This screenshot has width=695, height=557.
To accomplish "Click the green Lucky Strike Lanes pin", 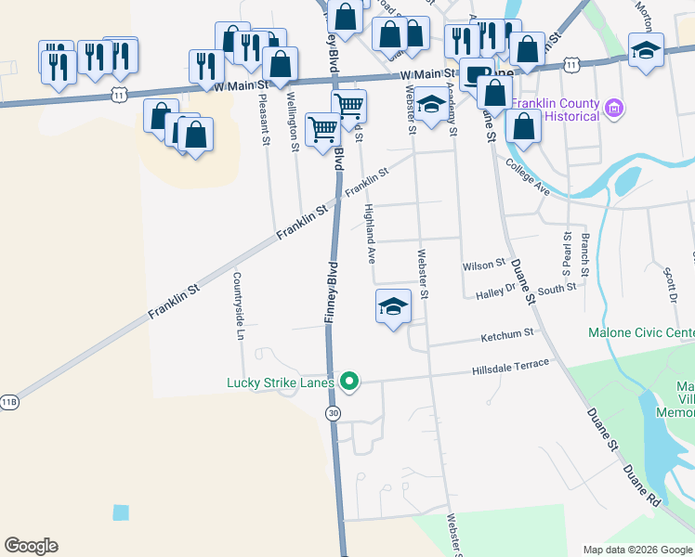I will [349, 381].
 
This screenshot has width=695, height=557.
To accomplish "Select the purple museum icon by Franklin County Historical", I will [612, 109].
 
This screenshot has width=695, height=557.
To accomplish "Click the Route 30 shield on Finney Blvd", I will [333, 413].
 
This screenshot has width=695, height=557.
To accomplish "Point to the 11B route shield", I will [8, 401].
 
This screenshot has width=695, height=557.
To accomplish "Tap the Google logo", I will [31, 546].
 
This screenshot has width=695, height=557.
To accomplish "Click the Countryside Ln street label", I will [238, 306].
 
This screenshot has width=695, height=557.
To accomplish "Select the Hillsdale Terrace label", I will [509, 368].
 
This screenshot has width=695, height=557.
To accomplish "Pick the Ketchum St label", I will [507, 333].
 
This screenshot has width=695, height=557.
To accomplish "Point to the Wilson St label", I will [483, 266].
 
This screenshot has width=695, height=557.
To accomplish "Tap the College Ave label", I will [528, 176].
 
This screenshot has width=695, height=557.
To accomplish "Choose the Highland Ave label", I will [370, 233].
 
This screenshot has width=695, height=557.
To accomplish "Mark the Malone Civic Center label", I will [641, 332].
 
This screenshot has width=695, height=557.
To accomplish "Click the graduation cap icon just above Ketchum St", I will [393, 305].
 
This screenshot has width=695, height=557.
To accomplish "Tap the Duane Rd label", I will [641, 485].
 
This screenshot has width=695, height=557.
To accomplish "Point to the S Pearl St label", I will [566, 252].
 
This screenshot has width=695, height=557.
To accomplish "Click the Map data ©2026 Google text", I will [637, 549].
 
